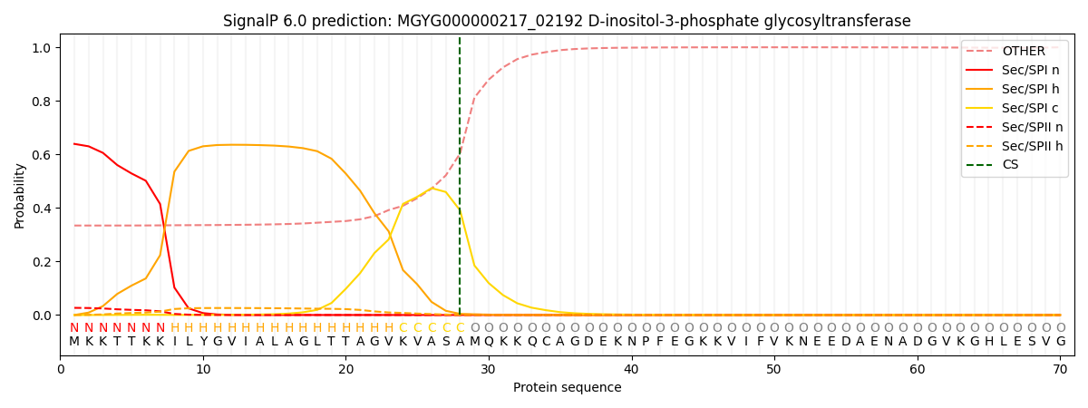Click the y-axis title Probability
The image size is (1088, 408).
coord(20,196)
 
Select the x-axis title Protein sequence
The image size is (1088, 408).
coord(567,388)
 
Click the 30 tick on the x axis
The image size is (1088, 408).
coord(489,369)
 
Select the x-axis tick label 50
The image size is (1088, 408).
coord(773,369)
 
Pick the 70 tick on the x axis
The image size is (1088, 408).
coord(1059,369)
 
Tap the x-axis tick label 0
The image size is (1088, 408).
coord(61,369)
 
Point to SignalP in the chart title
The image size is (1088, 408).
coord(255,21)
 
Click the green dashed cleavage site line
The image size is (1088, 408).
coord(460,181)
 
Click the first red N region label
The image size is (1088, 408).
coord(74,328)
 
